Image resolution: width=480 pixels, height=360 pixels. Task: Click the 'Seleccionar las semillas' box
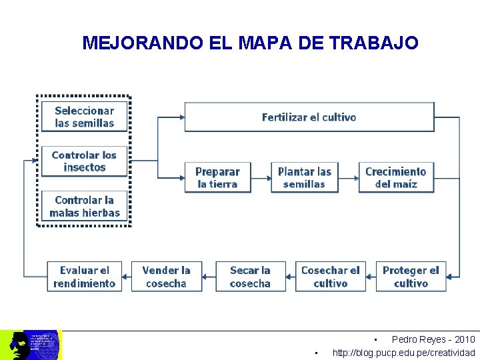pos(84,117)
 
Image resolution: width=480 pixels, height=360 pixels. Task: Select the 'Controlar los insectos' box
pos(84,161)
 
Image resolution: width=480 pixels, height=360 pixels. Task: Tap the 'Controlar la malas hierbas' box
pos(84,206)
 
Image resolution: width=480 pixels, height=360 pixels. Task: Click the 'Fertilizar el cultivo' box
pos(309,117)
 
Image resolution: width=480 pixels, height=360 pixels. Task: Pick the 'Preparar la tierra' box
pos(218,177)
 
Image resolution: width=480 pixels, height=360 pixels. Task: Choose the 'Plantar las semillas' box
pos(304,177)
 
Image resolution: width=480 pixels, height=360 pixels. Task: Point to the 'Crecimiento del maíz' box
pos(395,177)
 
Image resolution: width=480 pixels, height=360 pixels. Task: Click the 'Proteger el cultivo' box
pos(411,276)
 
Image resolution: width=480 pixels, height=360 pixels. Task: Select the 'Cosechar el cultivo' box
pos(330,276)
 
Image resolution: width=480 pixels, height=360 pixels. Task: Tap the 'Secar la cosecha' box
pos(250,276)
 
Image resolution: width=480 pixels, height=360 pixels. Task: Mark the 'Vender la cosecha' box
pos(166,276)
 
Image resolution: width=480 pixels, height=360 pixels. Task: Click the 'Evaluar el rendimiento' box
pos(84,276)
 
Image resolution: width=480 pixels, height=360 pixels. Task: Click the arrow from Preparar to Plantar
pos(261,177)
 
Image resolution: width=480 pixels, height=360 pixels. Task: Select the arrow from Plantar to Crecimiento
pos(348,177)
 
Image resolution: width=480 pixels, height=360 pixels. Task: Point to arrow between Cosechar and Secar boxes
pos(291,276)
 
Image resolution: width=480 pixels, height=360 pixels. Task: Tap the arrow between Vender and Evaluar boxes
pos(127,276)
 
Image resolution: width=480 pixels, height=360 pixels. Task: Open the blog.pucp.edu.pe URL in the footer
pos(403,353)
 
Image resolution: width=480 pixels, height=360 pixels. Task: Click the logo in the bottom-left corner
pos(31,345)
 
